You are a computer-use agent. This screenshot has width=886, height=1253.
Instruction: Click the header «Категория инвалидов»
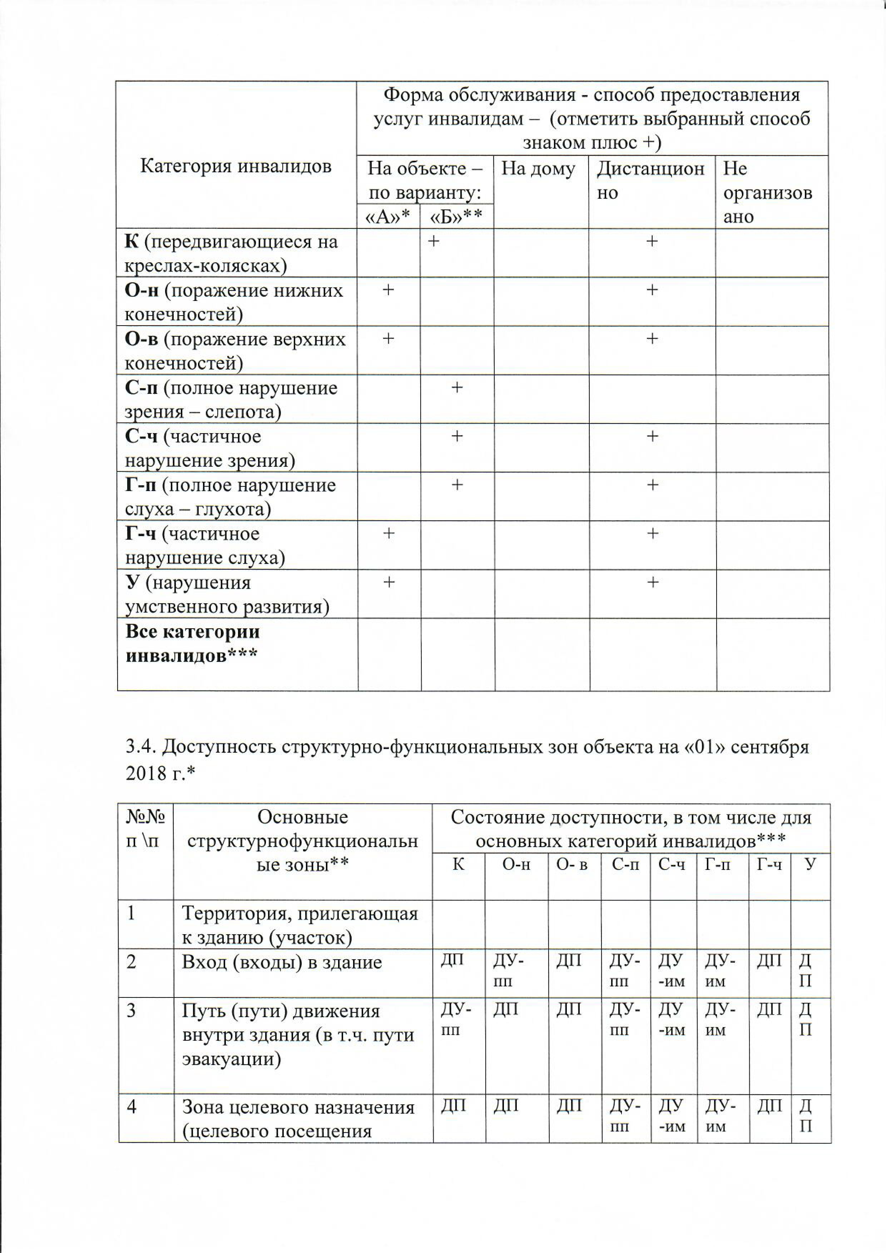(x=236, y=166)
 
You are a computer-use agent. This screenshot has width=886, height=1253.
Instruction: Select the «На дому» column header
(x=538, y=169)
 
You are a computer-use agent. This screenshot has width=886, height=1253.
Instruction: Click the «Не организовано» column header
(x=767, y=193)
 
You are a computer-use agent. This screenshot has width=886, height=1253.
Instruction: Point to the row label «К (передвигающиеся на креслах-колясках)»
(x=232, y=253)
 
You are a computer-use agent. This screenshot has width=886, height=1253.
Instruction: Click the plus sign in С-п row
(x=457, y=387)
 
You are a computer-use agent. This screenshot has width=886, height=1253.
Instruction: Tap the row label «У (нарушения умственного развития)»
(x=227, y=594)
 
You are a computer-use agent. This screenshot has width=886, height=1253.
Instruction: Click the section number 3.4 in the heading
(x=139, y=747)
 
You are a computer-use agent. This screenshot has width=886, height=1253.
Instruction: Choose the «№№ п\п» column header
(x=145, y=828)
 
